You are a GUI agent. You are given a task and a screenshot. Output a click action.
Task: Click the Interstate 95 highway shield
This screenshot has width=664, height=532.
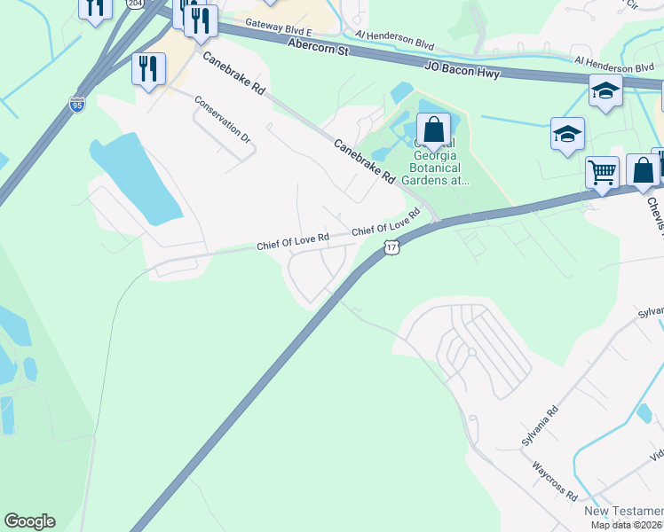coord(77,105)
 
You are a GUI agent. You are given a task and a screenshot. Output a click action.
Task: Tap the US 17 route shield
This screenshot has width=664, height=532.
coord(391,248)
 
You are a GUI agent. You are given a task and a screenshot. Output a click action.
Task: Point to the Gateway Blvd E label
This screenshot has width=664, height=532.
coord(279,27)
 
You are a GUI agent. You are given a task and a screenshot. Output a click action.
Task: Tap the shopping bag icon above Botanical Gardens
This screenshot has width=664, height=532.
coord(433,130)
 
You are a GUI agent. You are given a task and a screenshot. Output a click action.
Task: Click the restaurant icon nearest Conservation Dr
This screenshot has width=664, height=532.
coord(148,68)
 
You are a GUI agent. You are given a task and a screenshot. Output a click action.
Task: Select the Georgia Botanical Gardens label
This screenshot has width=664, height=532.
coord(438,162)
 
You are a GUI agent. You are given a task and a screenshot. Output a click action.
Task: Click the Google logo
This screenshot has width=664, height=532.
coord(29,521)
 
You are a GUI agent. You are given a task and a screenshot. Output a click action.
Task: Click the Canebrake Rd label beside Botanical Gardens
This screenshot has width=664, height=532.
coord(364,160)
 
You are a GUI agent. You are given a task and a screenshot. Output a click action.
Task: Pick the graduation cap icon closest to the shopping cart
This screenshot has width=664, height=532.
coord(567,134)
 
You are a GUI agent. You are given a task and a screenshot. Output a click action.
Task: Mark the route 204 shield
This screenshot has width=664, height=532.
coord(134,4)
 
